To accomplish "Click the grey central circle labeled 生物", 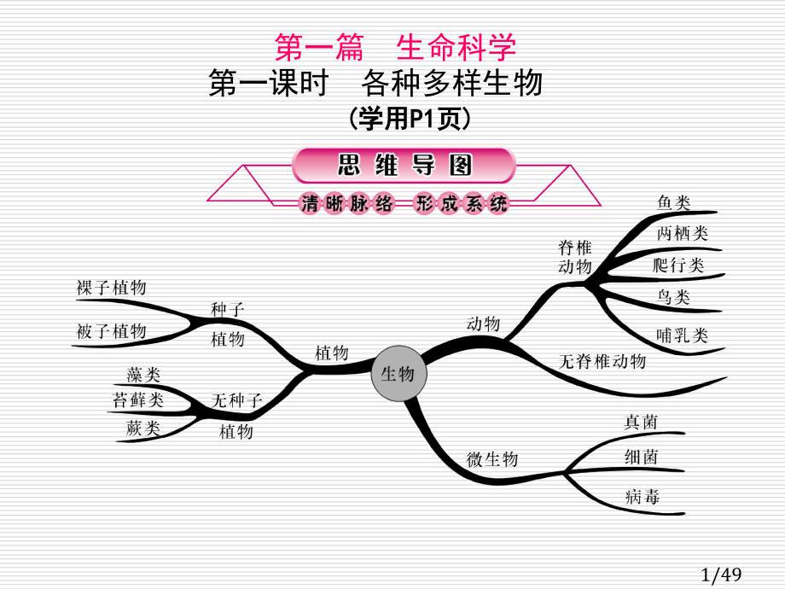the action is [x=399, y=373].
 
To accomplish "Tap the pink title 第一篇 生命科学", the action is [x=396, y=48].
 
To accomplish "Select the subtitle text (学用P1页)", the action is [x=410, y=120].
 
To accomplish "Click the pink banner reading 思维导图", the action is [x=404, y=165].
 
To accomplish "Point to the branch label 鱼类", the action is [x=673, y=203].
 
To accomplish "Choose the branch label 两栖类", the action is [x=683, y=233].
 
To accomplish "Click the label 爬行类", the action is [x=678, y=265].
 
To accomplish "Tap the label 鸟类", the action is [x=673, y=298].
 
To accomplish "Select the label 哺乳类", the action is [x=683, y=335].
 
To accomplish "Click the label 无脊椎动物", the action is [x=602, y=361].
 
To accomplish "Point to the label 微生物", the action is [x=492, y=458].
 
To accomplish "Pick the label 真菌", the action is [x=641, y=423].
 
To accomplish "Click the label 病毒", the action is [x=643, y=497].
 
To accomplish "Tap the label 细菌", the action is [x=642, y=457].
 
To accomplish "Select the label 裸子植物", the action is [x=111, y=288].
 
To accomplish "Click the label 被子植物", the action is [x=111, y=331].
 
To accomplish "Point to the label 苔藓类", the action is [x=137, y=400].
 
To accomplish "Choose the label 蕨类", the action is [x=143, y=429].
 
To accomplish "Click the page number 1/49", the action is [x=721, y=574].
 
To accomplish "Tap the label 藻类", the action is [x=143, y=375].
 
